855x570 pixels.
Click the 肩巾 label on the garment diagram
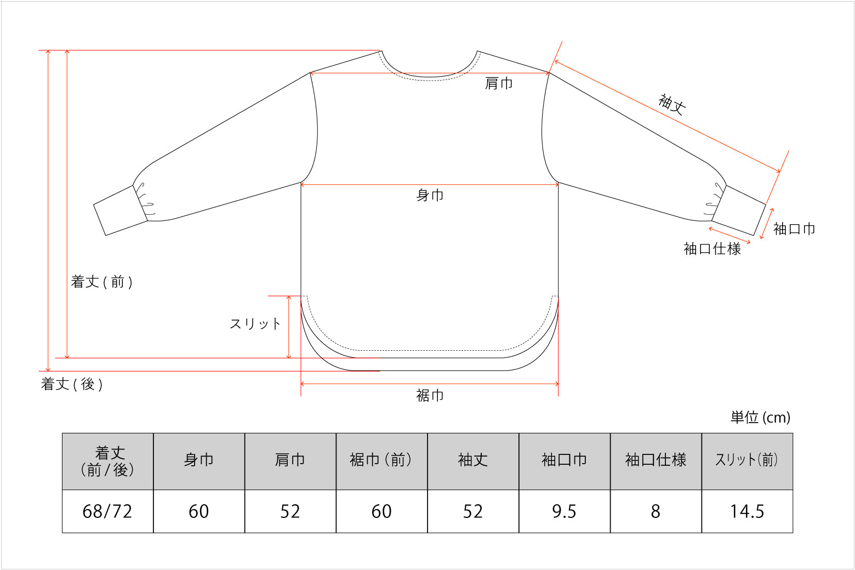coord(499,83)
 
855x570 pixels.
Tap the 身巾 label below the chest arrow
coord(430,195)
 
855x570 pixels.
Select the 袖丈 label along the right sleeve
coord(672,104)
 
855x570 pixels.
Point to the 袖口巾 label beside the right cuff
coord(794,229)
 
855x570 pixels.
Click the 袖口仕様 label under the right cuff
coord(712,248)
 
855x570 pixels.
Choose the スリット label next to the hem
coord(255,324)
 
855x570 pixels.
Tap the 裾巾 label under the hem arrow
coord(430,395)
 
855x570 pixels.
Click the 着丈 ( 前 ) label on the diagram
coord(101,282)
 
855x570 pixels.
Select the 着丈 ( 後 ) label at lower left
coord(72,384)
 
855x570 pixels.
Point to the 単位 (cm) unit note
coord(760,417)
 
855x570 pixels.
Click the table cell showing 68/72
coord(107,511)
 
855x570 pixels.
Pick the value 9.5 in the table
coord(564,511)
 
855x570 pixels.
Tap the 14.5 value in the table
coord(747,511)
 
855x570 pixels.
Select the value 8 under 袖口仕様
coord(656,511)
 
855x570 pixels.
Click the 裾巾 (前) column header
coord(381,460)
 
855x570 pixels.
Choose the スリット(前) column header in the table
coord(746,460)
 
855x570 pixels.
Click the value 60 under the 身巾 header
coord(199,511)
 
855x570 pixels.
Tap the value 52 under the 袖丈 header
coord(473,511)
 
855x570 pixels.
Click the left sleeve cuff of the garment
coord(121,210)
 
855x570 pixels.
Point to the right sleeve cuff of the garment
coord(739,210)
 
